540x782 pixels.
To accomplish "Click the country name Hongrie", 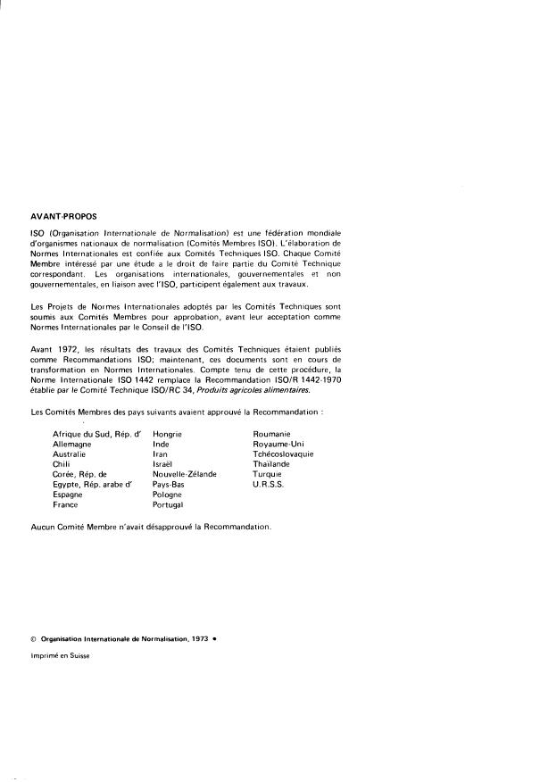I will point(168,433).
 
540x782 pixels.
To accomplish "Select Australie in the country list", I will point(71,453).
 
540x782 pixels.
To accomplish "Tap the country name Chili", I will point(62,464).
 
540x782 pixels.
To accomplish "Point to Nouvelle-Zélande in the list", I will point(185,474).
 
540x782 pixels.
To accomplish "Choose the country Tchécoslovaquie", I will point(283,453).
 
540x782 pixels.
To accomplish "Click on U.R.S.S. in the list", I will point(268,484).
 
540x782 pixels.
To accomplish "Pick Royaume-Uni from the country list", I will point(278,444).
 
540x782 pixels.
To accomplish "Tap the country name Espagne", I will point(68,495).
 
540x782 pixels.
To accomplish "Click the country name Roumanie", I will point(272,433).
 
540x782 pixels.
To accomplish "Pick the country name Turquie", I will point(268,474).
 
